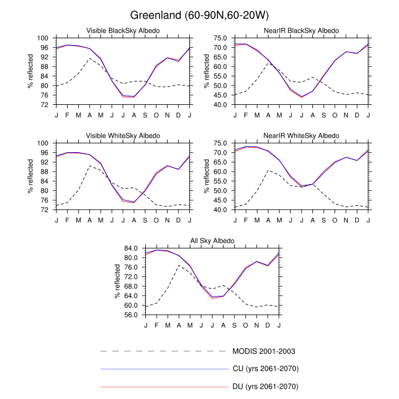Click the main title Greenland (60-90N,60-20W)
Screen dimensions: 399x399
click(199, 14)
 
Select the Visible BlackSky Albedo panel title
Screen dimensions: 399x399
click(123, 30)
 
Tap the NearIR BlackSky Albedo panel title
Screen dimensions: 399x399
click(302, 30)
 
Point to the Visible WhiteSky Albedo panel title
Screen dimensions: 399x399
click(123, 135)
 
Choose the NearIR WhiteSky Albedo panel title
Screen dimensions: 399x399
click(302, 135)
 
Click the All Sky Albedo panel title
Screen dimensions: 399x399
click(212, 241)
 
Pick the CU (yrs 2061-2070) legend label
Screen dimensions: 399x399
click(266, 369)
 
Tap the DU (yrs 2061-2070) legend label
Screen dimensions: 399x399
click(266, 387)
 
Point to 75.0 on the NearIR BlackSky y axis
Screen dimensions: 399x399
click(221, 38)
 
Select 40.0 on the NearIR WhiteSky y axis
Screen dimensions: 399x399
click(221, 210)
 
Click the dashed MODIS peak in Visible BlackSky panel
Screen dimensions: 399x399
click(89, 58)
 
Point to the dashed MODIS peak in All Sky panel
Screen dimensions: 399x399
click(179, 265)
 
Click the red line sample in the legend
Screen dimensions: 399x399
click(164, 387)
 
